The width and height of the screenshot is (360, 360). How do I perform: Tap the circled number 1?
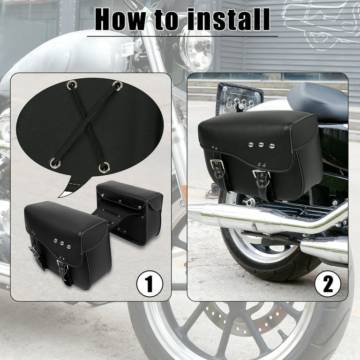pos(150,284)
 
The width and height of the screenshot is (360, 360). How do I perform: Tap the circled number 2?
pos(327,284)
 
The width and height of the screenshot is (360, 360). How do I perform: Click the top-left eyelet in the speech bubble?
pos(72,85)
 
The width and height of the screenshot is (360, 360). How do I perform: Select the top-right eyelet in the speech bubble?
pos(117,86)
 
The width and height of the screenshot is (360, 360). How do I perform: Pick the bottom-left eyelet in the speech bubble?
pos(55,163)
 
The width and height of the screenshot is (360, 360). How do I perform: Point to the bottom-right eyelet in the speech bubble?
pos(104,167)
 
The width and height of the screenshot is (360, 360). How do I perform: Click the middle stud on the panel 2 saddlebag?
pos(261,145)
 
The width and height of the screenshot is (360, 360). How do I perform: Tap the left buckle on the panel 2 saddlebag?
pos(217,165)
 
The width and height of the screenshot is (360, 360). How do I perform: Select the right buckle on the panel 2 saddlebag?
pos(261,175)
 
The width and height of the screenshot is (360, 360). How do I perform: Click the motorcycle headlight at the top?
pos(196,49)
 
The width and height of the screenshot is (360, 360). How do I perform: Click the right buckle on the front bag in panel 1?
pos(63,268)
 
